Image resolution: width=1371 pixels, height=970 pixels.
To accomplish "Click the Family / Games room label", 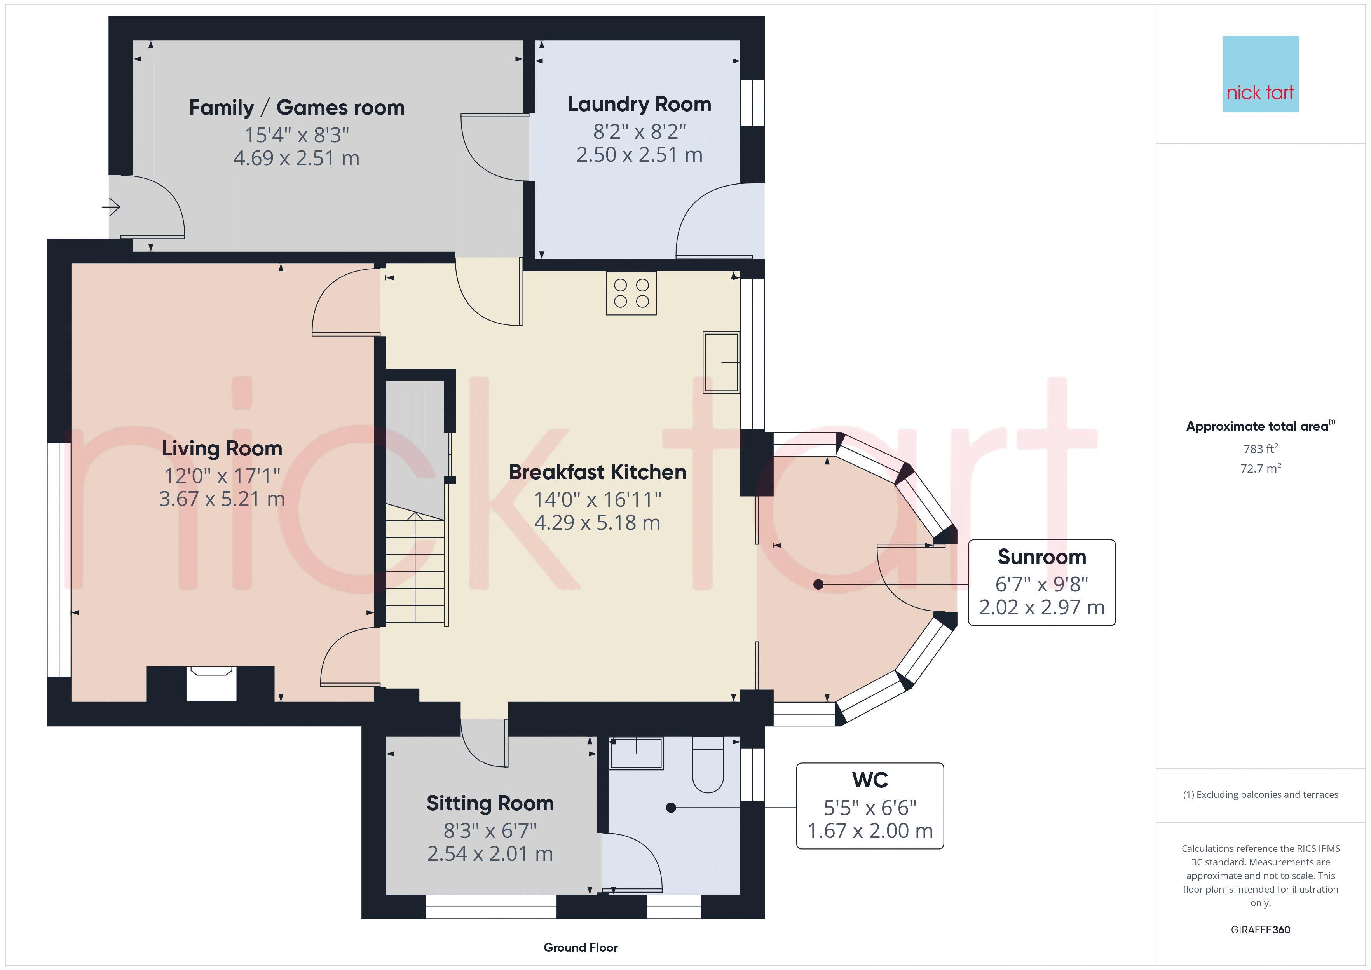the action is pyautogui.click(x=297, y=108).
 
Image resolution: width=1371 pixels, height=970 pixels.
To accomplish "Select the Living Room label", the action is pyautogui.click(x=222, y=448).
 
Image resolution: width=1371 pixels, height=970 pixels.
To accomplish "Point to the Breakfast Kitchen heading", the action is pyautogui.click(x=597, y=472).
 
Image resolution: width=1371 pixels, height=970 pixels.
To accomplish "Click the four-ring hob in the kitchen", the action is pyautogui.click(x=631, y=293).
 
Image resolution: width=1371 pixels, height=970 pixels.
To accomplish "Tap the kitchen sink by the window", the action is pyautogui.click(x=721, y=362).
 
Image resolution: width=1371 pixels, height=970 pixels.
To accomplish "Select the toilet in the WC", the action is pyautogui.click(x=708, y=764).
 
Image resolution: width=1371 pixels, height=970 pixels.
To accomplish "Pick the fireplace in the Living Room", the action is pyautogui.click(x=211, y=683).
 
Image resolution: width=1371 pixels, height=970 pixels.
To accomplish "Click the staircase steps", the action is pyautogui.click(x=415, y=564).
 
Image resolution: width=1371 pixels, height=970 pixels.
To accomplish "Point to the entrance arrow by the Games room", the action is pyautogui.click(x=111, y=207).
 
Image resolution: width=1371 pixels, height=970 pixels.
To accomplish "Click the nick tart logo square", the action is pyautogui.click(x=1261, y=74).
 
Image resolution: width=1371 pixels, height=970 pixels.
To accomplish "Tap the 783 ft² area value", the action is pyautogui.click(x=1261, y=448).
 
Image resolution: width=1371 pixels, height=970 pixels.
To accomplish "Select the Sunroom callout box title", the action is pyautogui.click(x=1041, y=557).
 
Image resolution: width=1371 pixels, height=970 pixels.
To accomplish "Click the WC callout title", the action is pyautogui.click(x=870, y=780).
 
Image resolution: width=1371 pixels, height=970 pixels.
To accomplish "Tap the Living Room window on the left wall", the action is pyautogui.click(x=59, y=560).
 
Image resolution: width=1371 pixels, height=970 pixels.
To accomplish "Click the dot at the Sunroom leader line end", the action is pyautogui.click(x=819, y=585).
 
